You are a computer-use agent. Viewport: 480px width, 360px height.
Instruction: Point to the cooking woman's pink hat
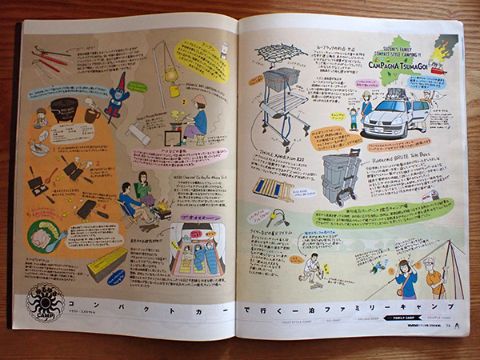198,102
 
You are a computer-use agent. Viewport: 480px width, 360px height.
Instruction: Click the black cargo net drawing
279,53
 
